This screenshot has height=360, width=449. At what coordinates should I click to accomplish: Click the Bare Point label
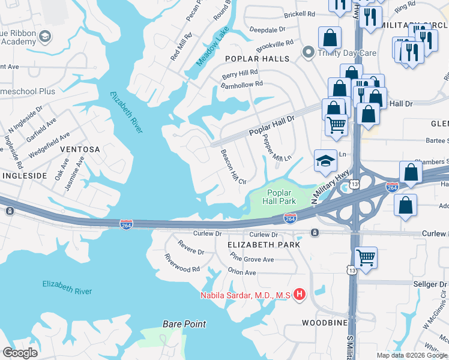click(x=184, y=324)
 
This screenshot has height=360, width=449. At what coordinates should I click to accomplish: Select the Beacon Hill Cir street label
click(x=234, y=167)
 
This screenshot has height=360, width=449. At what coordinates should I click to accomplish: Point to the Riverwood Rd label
click(x=182, y=262)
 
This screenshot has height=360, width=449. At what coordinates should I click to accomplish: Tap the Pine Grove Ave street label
click(x=252, y=260)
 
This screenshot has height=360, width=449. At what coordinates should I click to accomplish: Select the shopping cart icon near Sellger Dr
click(x=366, y=258)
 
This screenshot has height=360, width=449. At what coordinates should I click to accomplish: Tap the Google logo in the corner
click(x=20, y=353)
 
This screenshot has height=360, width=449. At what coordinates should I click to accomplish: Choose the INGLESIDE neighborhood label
click(x=24, y=175)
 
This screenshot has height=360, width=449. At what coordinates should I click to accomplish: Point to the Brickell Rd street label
click(x=300, y=14)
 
